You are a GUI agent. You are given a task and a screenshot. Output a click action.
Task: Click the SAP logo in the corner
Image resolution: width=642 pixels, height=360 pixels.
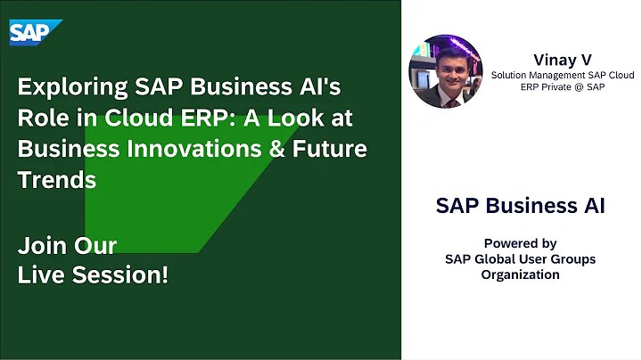[x=36, y=32]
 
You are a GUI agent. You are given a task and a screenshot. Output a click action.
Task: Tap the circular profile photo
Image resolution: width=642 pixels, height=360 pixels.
[x=445, y=70]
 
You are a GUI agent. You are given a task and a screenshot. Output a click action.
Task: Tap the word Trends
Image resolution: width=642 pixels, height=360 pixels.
[x=56, y=179]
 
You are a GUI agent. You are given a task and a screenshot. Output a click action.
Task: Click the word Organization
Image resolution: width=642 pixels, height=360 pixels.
[x=520, y=274]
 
